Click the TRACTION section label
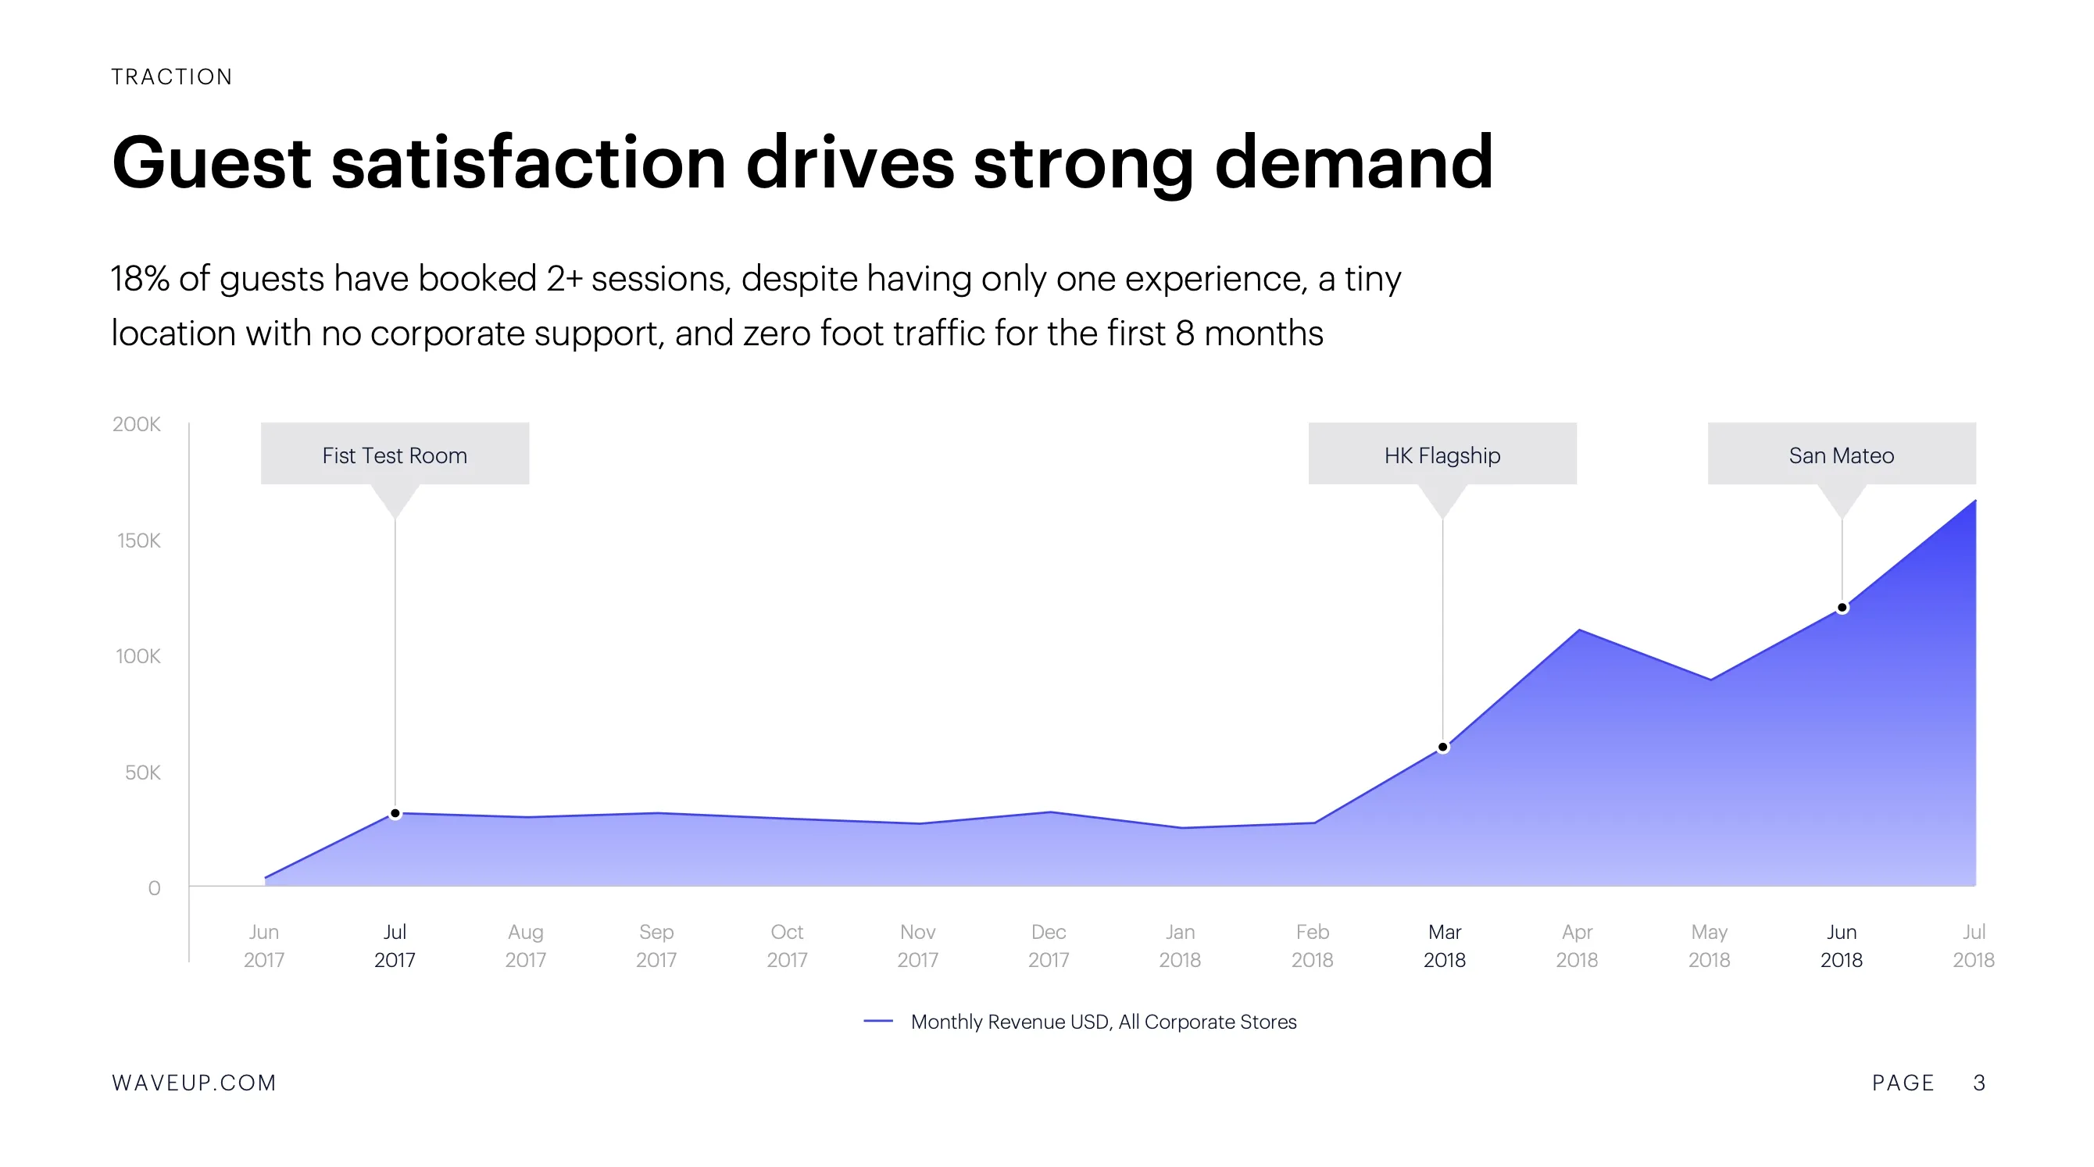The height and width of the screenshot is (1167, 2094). pos(172,77)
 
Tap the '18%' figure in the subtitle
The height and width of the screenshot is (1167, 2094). pos(139,279)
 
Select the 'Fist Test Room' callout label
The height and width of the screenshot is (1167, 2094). pos(395,455)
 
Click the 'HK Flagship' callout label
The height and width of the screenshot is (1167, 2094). pos(1442,455)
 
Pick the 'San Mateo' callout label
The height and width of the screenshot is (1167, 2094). pos(1841,455)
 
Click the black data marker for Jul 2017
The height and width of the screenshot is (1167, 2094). pos(395,813)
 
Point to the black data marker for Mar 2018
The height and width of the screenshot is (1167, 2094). pos(1443,747)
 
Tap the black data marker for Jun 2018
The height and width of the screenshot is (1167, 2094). pos(1842,608)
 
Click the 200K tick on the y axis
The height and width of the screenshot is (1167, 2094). pos(137,424)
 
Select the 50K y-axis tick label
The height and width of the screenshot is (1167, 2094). pos(142,773)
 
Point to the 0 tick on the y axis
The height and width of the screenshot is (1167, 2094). pos(154,888)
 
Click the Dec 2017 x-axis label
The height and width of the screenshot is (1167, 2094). pos(1049,946)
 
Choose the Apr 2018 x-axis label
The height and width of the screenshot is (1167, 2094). pos(1577,946)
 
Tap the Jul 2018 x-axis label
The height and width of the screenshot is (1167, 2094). pos(1974,946)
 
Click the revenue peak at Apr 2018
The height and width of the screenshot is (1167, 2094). pos(1578,630)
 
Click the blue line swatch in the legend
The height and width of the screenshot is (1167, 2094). pos(878,1022)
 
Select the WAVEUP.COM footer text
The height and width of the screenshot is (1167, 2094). pos(195,1083)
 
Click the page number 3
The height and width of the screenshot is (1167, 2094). pos(1979,1083)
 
